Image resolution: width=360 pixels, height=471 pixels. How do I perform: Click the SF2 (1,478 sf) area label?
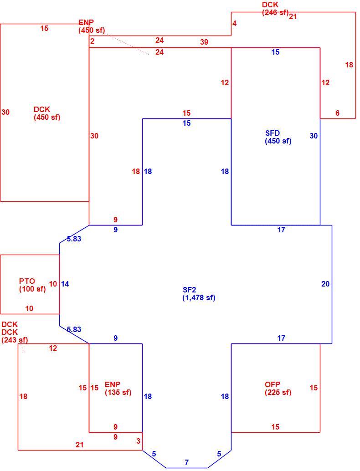tap(199, 294)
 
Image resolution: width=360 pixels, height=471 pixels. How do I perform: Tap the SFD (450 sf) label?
tap(278, 137)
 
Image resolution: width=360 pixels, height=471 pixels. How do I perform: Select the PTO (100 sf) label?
tap(32, 285)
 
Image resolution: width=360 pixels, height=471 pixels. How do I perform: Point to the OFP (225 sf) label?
tap(278, 389)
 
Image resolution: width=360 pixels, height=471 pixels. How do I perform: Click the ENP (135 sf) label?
tap(118, 389)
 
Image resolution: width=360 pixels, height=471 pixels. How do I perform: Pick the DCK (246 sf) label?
tap(275, 9)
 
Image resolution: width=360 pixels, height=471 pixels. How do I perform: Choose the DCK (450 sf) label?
tap(47, 113)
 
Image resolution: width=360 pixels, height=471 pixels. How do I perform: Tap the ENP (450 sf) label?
tap(92, 26)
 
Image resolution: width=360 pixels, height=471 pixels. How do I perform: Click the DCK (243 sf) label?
tap(15, 336)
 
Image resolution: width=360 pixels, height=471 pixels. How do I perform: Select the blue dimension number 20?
tap(325, 284)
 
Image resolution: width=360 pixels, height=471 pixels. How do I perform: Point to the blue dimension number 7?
tap(187, 462)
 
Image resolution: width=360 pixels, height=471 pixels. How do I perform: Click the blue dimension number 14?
tap(65, 284)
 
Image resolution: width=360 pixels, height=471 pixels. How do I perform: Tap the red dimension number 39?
tap(204, 42)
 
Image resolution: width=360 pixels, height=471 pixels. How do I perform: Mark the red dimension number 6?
tap(338, 113)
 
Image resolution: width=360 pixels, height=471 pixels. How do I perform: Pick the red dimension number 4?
tap(234, 23)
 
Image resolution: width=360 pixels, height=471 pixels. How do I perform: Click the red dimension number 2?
tap(92, 41)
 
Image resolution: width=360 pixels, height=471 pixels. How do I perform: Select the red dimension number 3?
tap(138, 441)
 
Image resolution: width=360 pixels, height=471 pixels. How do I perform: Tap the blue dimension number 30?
tap(314, 136)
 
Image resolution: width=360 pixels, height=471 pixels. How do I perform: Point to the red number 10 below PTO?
tap(29, 308)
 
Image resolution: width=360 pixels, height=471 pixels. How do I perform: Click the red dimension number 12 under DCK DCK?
tap(53, 348)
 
